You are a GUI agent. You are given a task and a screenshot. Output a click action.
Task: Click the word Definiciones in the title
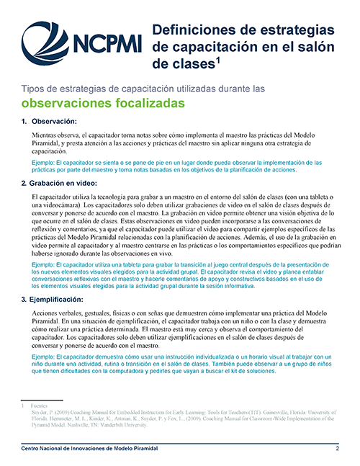[x=193, y=31]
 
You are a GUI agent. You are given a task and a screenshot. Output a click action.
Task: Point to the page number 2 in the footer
[x=337, y=449]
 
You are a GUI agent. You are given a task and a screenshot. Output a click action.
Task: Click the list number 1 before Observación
[x=24, y=121]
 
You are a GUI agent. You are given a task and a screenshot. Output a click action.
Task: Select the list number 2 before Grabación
[x=24, y=184]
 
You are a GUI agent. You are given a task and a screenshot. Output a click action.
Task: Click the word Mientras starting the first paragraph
[x=46, y=135]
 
